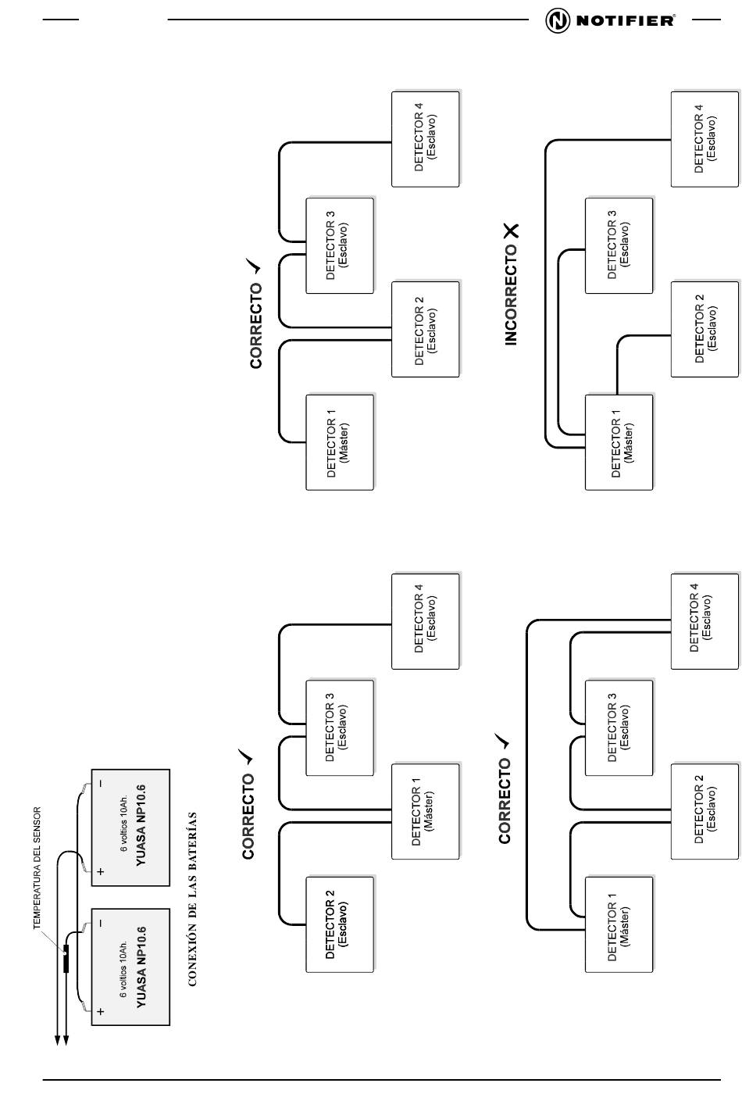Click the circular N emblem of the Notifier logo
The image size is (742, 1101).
pyautogui.click(x=557, y=20)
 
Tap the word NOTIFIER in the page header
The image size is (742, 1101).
pyautogui.click(x=625, y=20)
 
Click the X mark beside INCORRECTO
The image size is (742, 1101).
pyautogui.click(x=512, y=231)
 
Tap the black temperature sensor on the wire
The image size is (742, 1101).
pyautogui.click(x=66, y=959)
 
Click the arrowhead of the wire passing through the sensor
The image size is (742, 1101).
pyautogui.click(x=66, y=1038)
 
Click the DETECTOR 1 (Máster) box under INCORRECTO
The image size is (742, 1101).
pyautogui.click(x=619, y=441)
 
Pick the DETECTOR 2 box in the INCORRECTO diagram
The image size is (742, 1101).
pyautogui.click(x=705, y=329)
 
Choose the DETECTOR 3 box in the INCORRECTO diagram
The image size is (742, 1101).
pyautogui.click(x=619, y=245)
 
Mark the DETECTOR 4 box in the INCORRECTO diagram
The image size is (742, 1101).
pyautogui.click(x=705, y=139)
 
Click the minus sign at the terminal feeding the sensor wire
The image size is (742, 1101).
pyautogui.click(x=100, y=924)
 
